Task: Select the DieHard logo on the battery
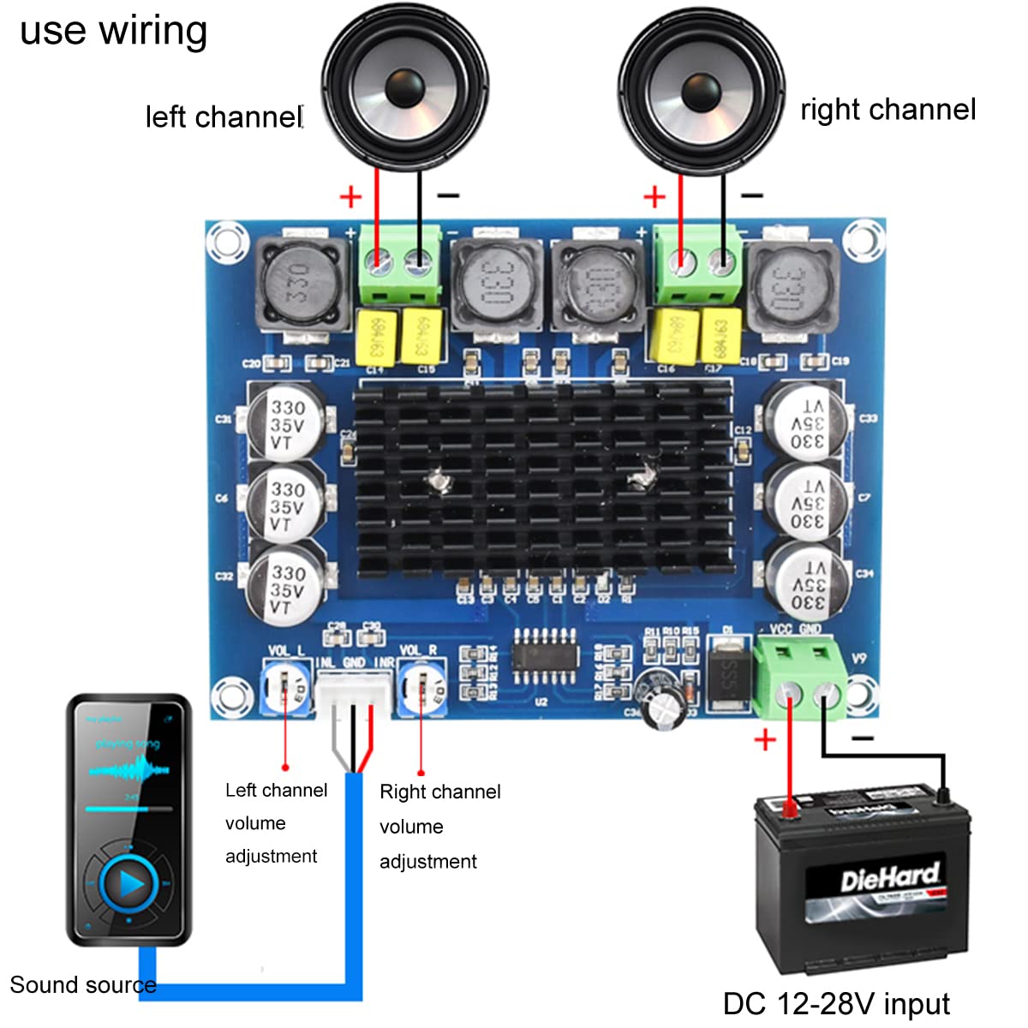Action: (888, 878)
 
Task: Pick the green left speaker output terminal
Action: (399, 266)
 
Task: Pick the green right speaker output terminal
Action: (699, 266)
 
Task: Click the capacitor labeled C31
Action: (285, 420)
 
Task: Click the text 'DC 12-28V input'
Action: (836, 1003)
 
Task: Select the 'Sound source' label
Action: (82, 984)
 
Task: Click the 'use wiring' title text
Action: (113, 31)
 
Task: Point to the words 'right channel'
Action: (888, 110)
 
